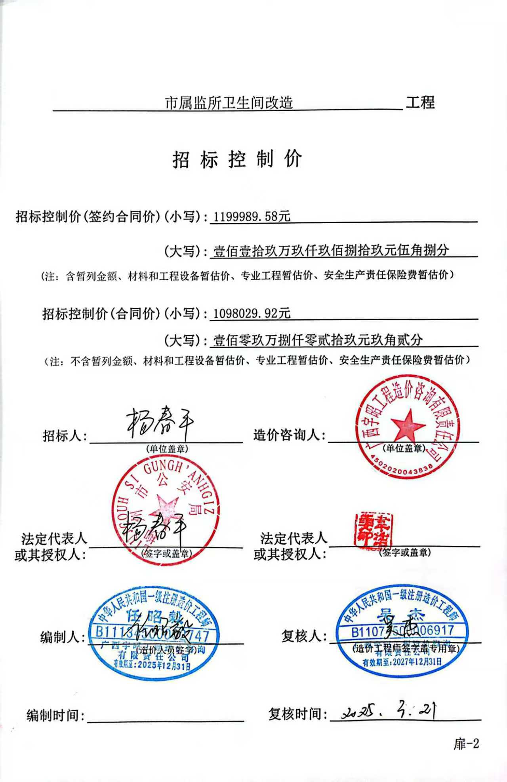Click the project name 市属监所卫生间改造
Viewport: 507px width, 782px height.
229,103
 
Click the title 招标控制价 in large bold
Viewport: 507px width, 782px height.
237,159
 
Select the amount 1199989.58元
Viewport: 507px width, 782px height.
252,216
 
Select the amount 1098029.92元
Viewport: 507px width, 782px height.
252,313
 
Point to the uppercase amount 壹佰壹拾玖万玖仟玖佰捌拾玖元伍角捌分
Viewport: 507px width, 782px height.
331,251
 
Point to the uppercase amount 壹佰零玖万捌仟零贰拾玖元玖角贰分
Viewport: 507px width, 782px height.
318,340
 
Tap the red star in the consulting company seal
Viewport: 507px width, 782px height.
408,425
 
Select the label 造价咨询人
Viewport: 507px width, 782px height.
289,435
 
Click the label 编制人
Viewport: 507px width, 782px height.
62,637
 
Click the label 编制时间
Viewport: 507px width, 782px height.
55,716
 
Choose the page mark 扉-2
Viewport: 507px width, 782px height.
466,744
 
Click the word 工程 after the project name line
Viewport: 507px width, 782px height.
420,103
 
